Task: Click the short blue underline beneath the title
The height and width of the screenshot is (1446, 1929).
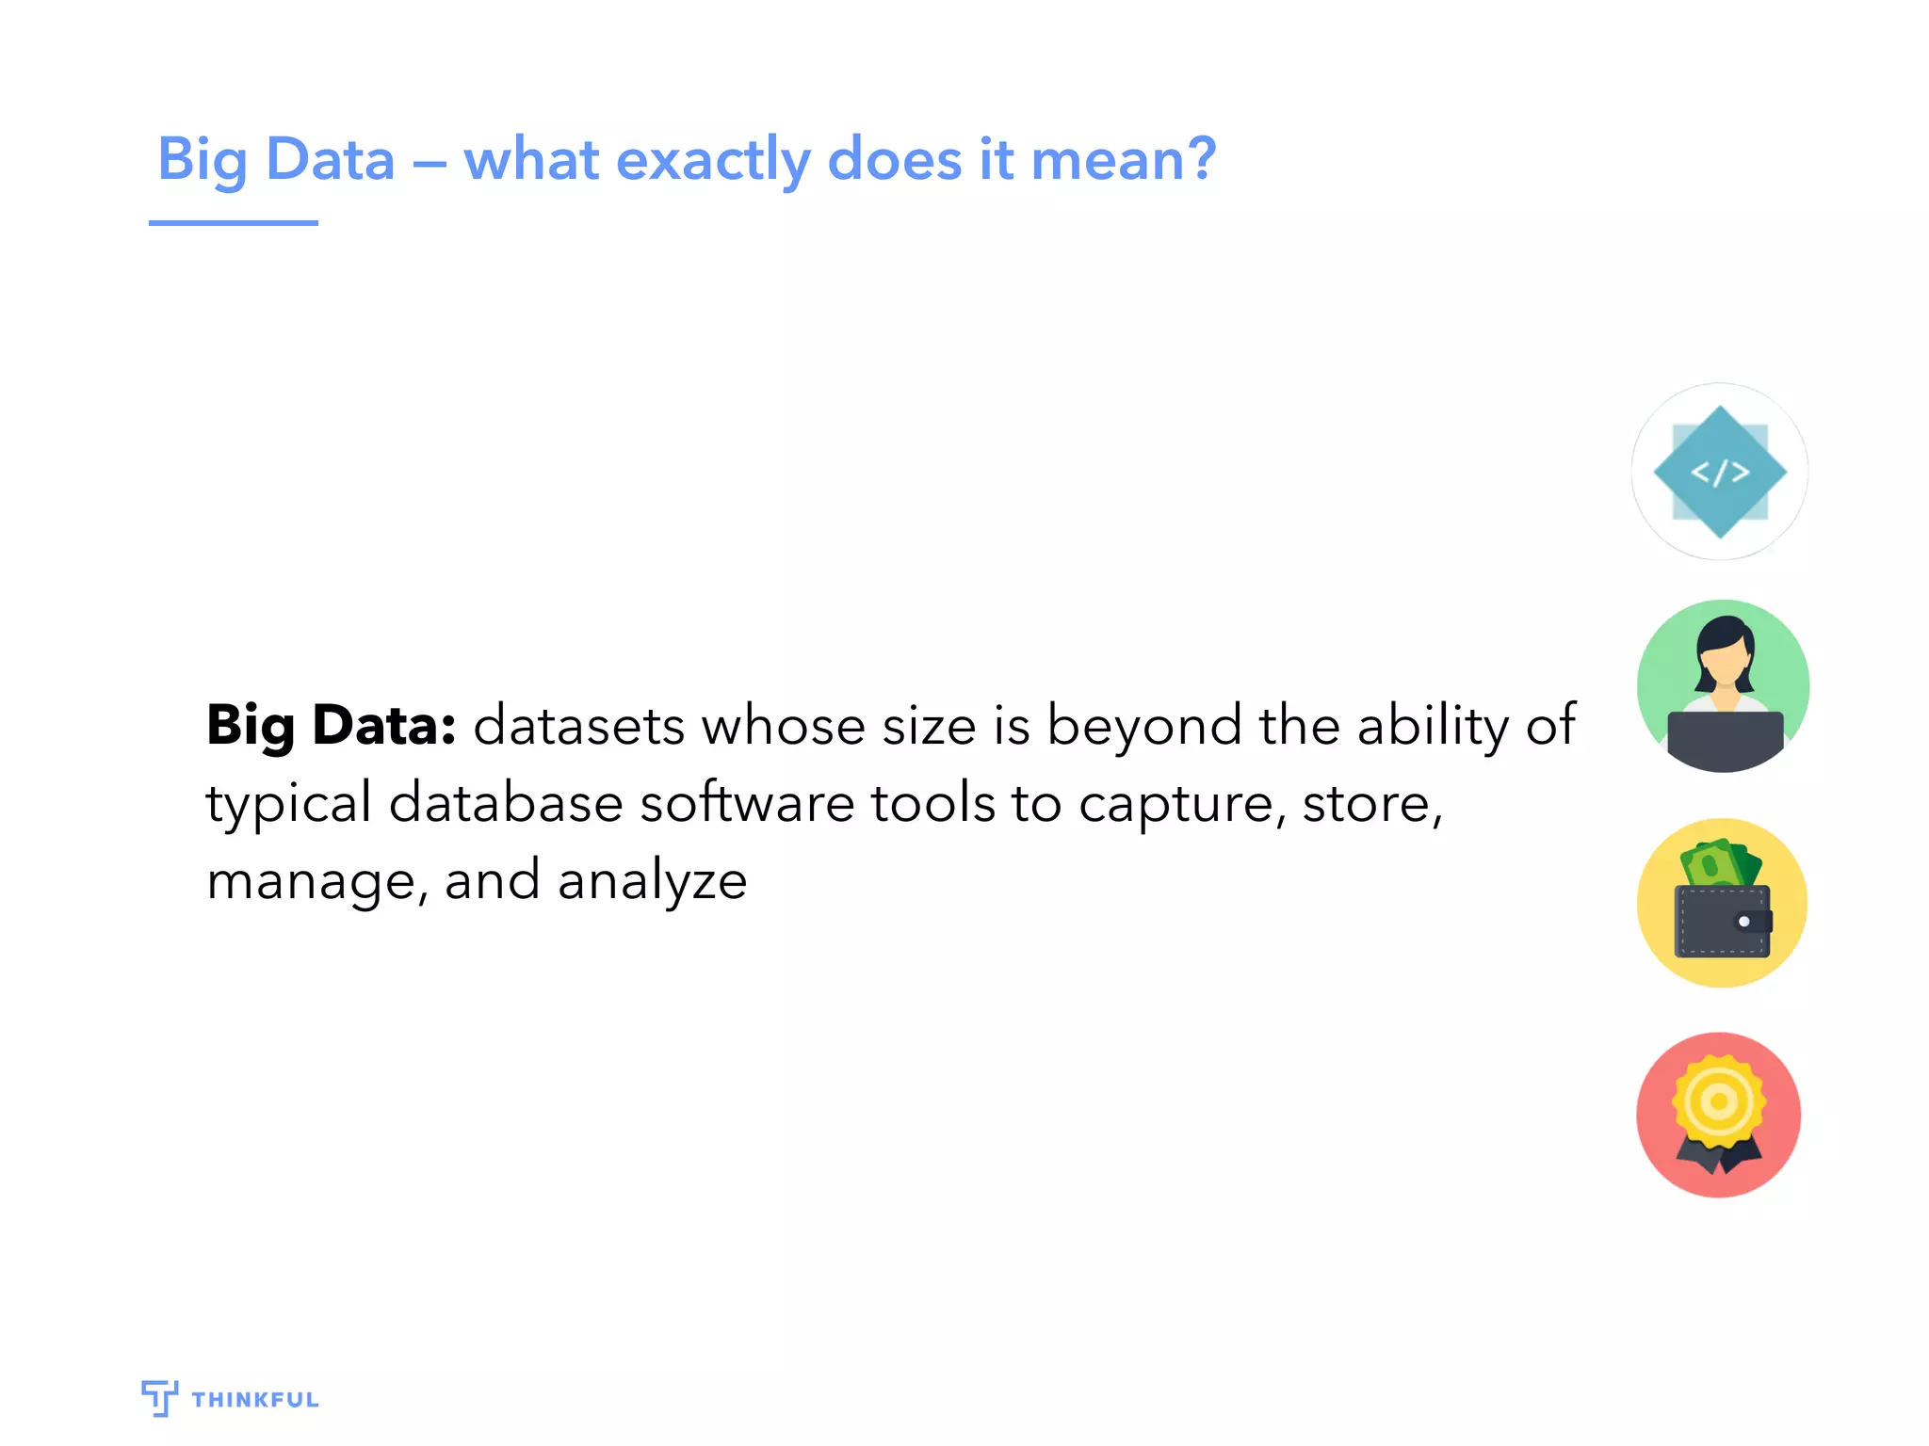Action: [233, 223]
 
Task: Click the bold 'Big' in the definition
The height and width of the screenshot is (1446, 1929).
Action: [251, 727]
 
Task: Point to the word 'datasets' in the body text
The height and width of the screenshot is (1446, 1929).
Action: [578, 727]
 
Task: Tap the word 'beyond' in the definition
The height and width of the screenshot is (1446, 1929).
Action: [1143, 727]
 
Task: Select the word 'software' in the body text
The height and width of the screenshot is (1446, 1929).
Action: [745, 804]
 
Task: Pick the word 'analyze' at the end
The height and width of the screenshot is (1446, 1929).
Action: [652, 882]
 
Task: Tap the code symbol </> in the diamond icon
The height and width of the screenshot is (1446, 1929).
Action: [1720, 472]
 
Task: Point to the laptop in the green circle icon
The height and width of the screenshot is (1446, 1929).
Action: [1725, 740]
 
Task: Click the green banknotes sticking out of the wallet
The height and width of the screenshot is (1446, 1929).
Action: [1720, 862]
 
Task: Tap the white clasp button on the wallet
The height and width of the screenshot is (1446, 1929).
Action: [1743, 922]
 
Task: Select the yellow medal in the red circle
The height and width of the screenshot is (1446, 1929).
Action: [1719, 1101]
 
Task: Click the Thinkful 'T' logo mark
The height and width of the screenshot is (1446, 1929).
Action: [158, 1398]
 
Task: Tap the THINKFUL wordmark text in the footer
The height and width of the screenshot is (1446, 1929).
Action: [255, 1400]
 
